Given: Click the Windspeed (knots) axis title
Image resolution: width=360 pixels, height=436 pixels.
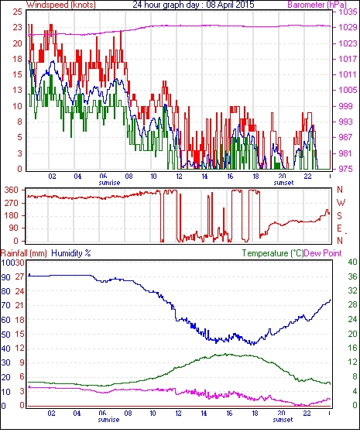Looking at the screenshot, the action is tap(61, 5).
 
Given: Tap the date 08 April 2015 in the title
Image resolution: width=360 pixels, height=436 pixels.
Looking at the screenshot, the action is tap(230, 5).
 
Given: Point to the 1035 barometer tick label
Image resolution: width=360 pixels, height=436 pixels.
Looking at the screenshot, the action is tap(348, 12).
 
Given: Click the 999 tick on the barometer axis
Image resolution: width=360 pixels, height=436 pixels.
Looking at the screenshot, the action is tap(345, 106).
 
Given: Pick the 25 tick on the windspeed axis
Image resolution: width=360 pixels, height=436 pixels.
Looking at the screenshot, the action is tap(17, 12).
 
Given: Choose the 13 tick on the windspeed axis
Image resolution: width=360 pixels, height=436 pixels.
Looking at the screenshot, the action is tap(17, 90).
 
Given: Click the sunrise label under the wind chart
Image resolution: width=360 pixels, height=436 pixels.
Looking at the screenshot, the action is tap(109, 183).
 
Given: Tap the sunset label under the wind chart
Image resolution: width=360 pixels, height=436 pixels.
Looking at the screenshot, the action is tap(283, 183).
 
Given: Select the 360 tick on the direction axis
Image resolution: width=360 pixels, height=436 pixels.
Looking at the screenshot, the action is tap(12, 190).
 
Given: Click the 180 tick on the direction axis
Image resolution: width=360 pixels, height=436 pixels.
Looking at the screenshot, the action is tap(12, 215).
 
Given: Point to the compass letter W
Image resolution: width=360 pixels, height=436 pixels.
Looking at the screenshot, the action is tap(341, 202).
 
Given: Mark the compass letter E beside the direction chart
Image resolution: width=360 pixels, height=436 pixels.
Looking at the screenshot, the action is tap(339, 228).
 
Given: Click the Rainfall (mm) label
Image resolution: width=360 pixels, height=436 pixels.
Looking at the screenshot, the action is tap(24, 253).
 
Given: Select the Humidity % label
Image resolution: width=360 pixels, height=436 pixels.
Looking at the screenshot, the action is tap(71, 253).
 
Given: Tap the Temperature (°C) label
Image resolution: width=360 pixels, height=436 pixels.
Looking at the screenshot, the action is tap(273, 253).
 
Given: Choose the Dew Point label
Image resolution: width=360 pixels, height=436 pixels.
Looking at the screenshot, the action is tap(323, 253).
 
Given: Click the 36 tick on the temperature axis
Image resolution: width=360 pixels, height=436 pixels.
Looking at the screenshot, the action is tap(352, 276).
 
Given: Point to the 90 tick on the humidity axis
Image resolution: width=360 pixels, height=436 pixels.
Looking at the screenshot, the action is tap(6, 277).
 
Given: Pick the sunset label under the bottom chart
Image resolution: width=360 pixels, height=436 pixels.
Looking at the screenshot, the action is tap(283, 419).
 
